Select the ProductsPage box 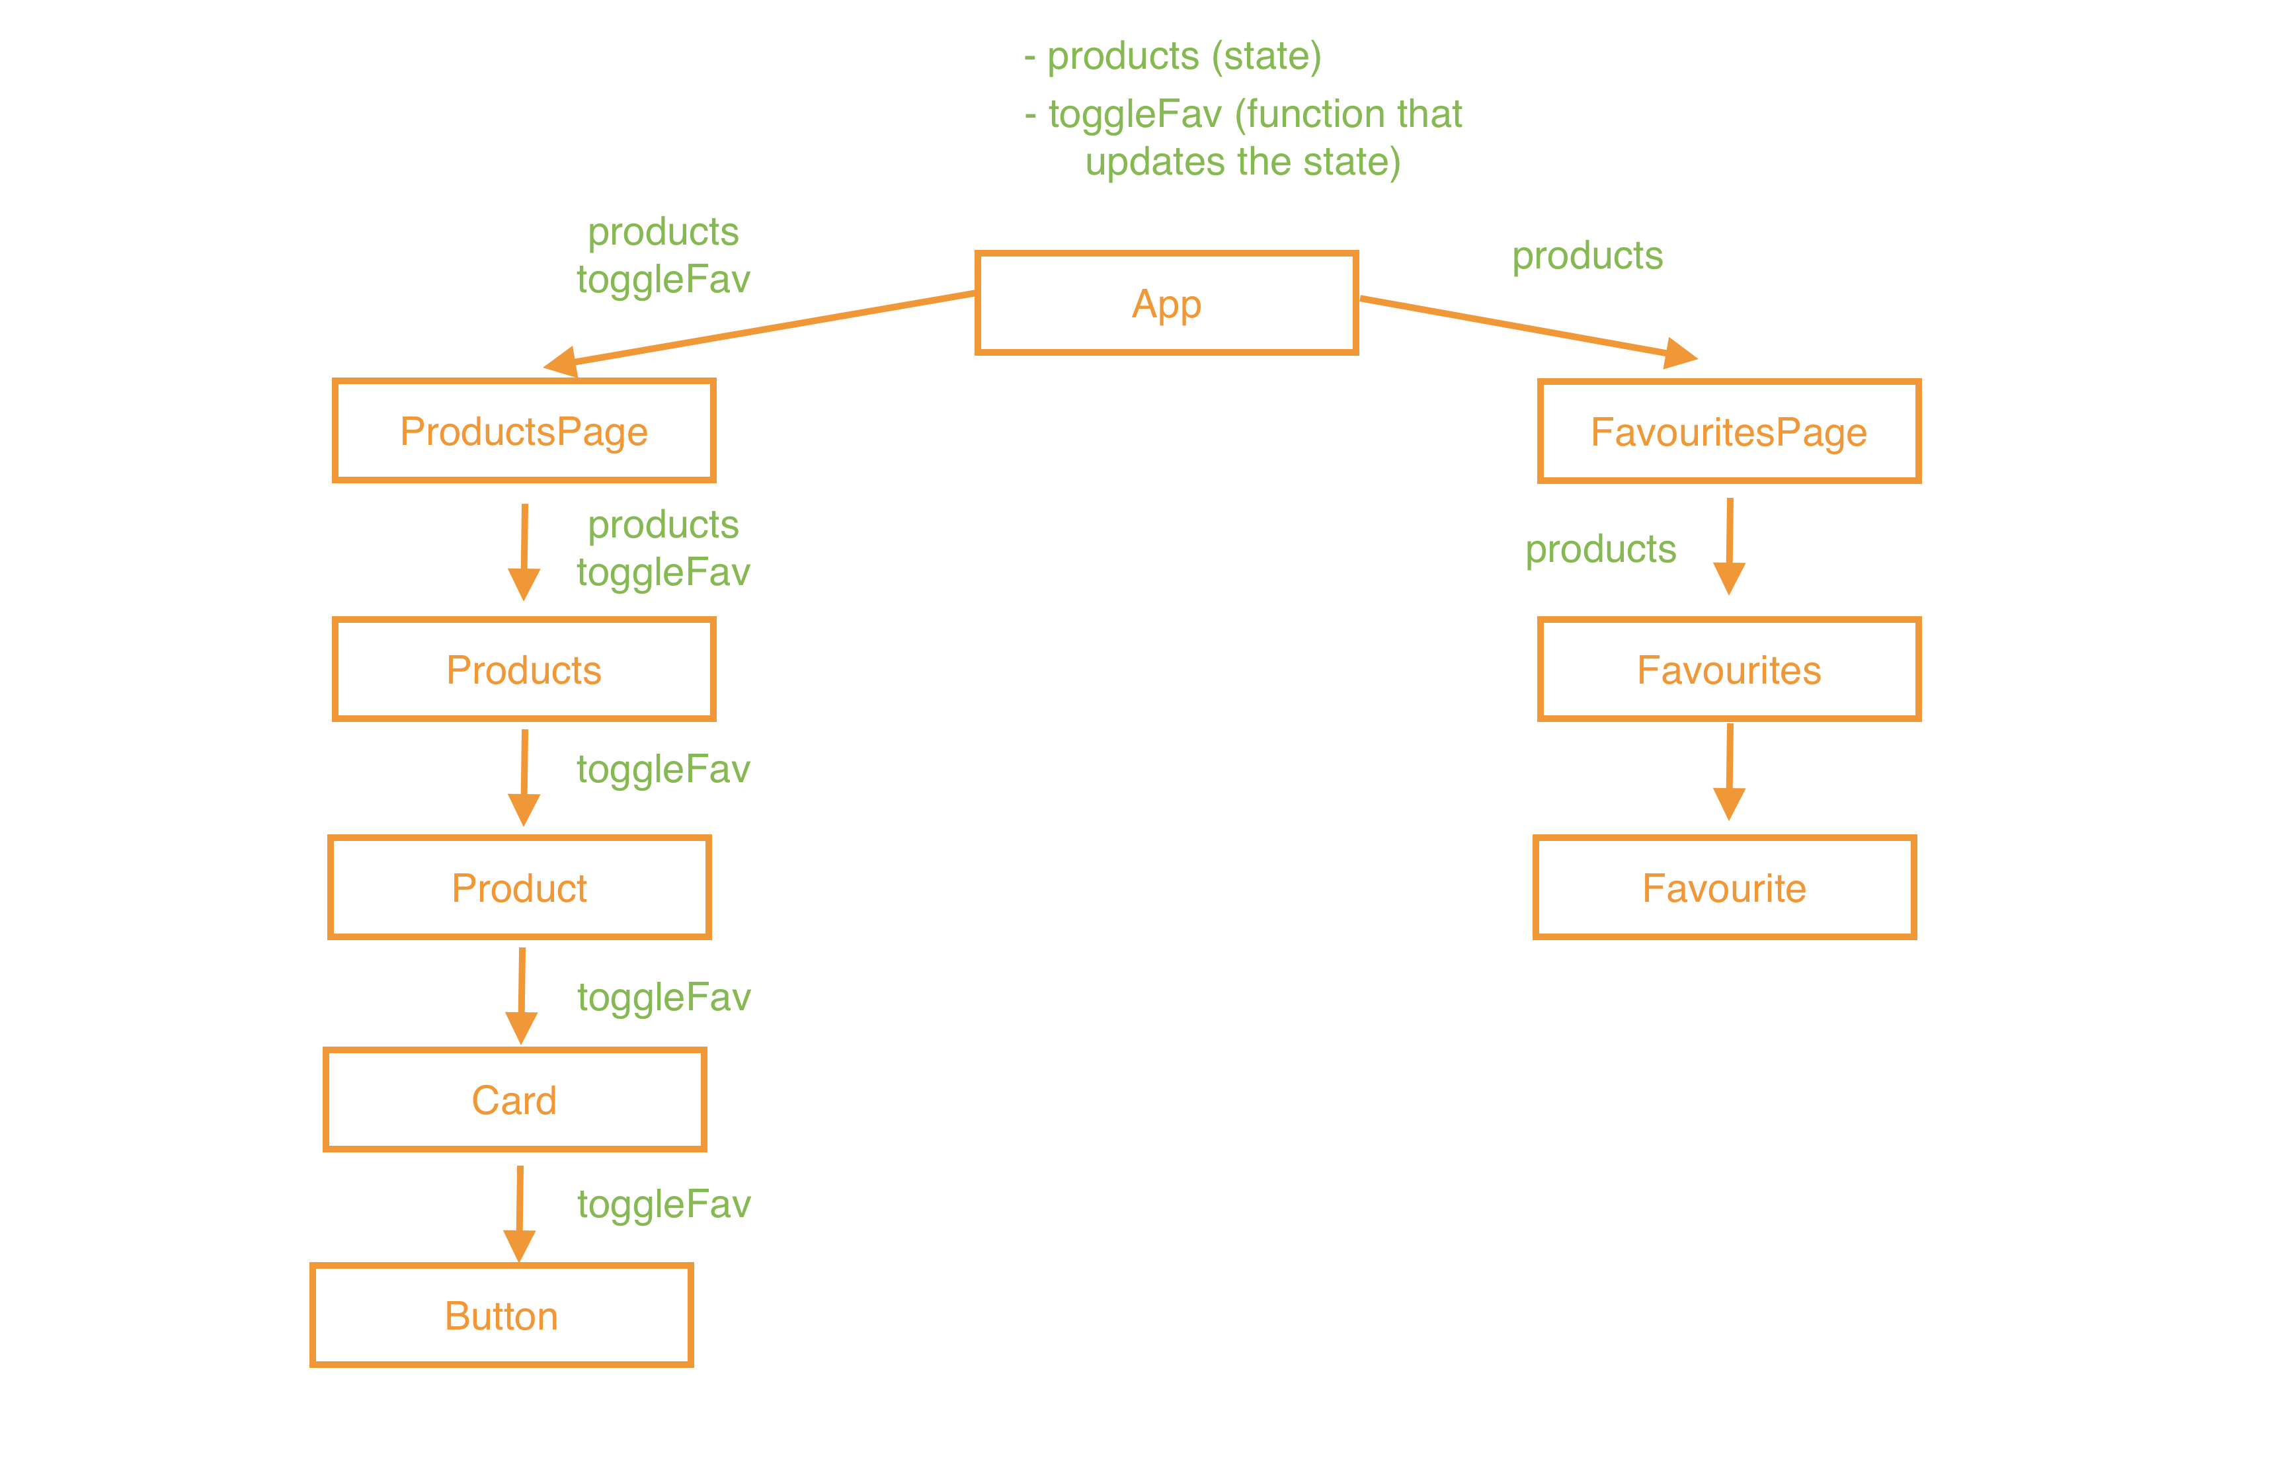coord(524,430)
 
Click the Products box coord(524,670)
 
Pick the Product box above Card coord(519,887)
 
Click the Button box coord(501,1315)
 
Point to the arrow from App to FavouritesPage coord(1525,328)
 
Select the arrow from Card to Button coord(520,1213)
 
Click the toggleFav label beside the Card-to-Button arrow coord(664,1204)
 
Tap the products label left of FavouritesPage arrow coord(1601,549)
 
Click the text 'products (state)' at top coord(1183,56)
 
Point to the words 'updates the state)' coord(1243,161)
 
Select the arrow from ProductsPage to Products coord(524,551)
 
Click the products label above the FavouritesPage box coord(1587,256)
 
